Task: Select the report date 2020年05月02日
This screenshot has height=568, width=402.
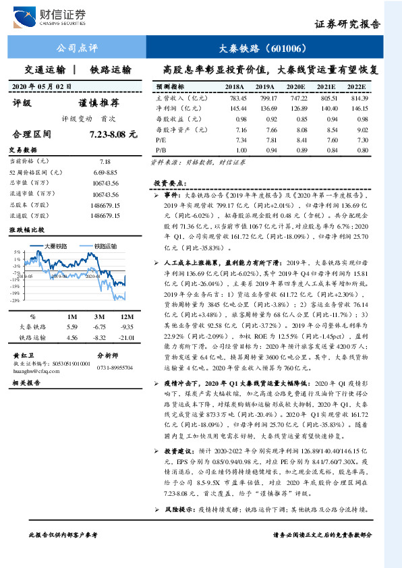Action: pyautogui.click(x=42, y=86)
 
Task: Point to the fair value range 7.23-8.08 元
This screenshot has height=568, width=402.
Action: pyautogui.click(x=109, y=135)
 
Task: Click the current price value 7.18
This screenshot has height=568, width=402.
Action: pyautogui.click(x=105, y=162)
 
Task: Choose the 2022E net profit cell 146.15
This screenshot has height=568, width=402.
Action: pyautogui.click(x=357, y=108)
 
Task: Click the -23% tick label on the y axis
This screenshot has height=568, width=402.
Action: pyautogui.click(x=15, y=300)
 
